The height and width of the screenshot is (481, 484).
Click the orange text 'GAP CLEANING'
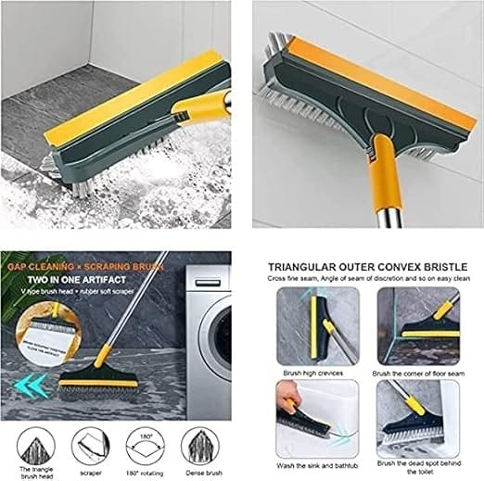[37, 264]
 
